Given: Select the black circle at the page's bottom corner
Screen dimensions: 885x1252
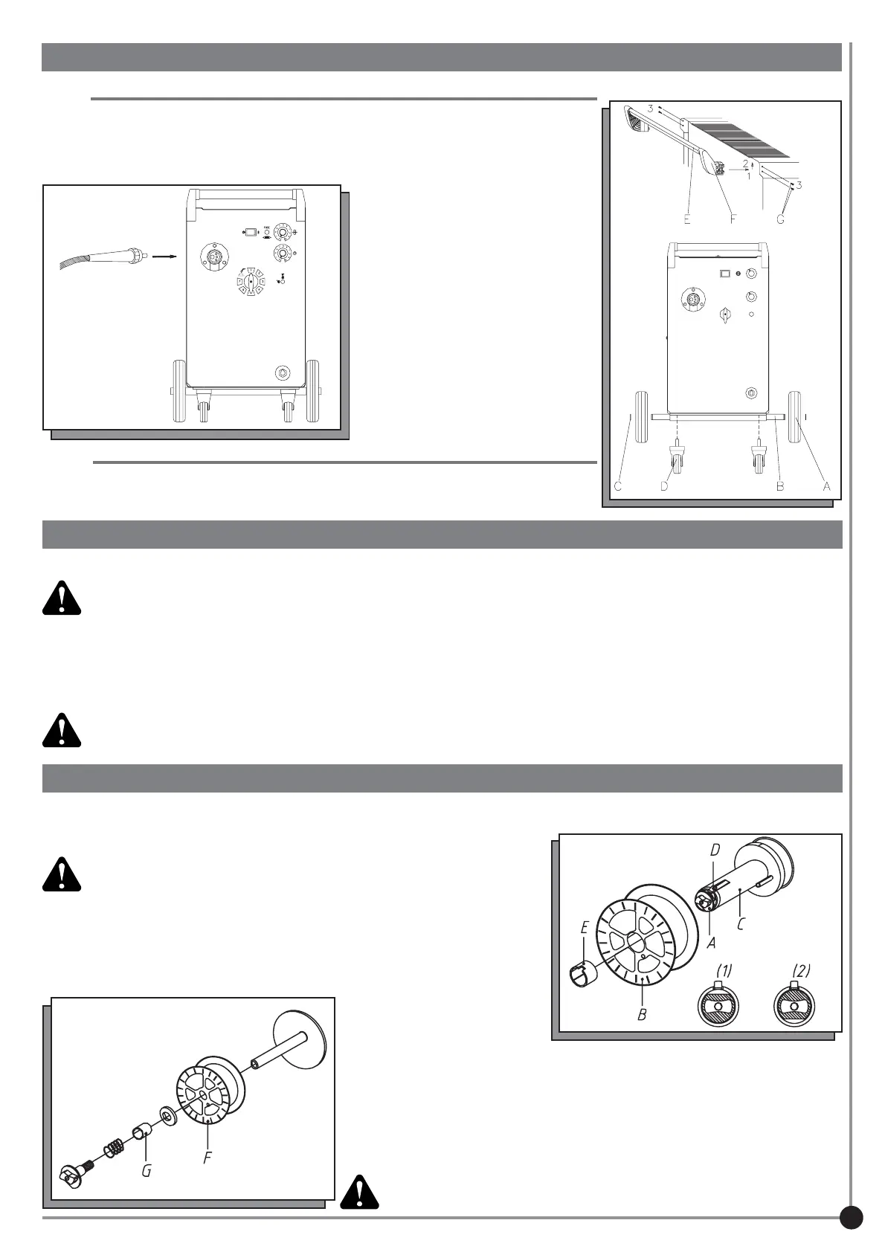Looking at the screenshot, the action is tap(851, 1217).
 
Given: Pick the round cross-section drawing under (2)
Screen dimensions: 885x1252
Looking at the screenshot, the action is tap(794, 1005).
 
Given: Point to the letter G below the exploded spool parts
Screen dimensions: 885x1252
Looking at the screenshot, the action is tap(147, 1170).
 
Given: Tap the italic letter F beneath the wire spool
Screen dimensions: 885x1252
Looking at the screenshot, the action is tap(207, 1158).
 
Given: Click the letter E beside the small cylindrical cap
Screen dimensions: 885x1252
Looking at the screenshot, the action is tap(585, 929).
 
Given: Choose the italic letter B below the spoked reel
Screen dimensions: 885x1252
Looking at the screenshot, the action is tap(642, 1013).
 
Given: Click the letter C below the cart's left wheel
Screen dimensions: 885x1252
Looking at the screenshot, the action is tap(617, 487).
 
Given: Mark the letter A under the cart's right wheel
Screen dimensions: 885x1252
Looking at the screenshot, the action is tap(826, 487).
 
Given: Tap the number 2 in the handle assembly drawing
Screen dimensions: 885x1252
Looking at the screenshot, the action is tap(745, 164).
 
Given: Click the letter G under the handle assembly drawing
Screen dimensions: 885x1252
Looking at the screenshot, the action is tap(779, 220).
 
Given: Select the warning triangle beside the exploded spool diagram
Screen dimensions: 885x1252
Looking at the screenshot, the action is tap(360, 1192).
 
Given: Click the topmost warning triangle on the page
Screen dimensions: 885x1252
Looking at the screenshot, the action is tap(61, 598).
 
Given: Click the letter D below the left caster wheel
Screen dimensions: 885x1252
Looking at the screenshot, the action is tap(664, 487).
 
